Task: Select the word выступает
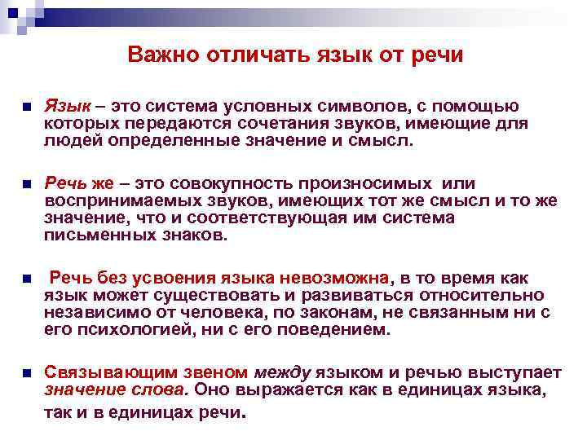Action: click(x=519, y=372)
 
